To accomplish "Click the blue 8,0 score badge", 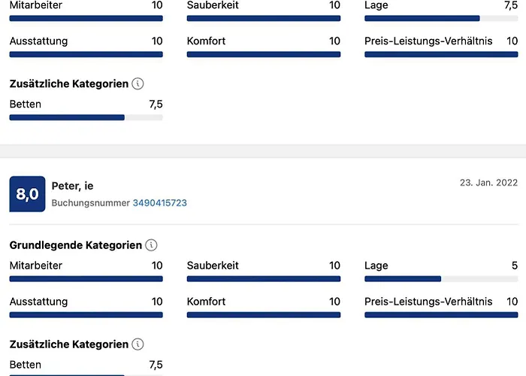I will coord(27,195).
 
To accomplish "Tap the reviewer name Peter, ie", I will coord(73,186).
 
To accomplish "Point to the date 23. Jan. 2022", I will coord(488,183).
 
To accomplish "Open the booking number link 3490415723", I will coord(160,203).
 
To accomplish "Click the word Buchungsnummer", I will coord(90,203).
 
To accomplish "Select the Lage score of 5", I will coord(515,265).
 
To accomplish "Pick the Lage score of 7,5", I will coord(510,5).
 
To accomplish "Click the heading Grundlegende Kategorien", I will coord(76,245).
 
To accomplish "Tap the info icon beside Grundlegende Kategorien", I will coord(152,245).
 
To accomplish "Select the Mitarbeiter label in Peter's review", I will coord(36,265).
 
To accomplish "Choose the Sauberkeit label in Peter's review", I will coord(213,265).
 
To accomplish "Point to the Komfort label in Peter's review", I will coord(206,302).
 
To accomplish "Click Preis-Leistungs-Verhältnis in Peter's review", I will coord(428,302).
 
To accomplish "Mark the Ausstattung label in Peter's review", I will coord(38,302).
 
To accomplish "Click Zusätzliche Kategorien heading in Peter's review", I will coord(69,344).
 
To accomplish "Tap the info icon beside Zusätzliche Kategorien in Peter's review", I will coord(138,344).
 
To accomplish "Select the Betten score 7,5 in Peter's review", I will coord(156,365).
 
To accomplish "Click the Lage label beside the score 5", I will coord(376,265).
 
